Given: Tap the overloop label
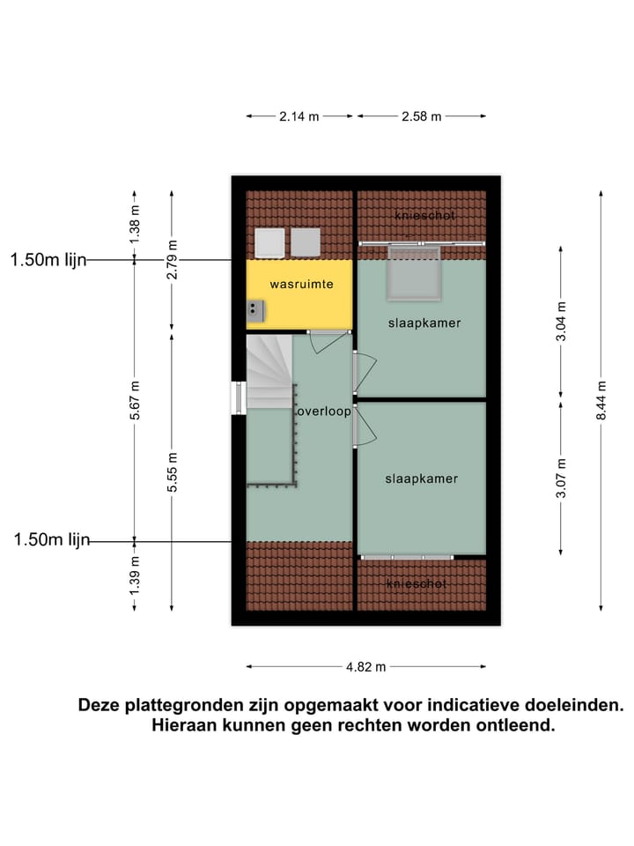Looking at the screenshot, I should pos(323,412).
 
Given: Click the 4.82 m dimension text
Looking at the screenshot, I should pos(366,667).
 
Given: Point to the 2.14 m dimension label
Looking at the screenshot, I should pos(300,116).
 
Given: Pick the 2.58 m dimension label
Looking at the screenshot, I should pos(422,116).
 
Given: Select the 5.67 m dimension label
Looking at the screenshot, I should pos(135,400).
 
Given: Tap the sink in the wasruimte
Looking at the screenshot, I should pos(254,308).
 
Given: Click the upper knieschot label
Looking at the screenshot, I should pos(424,214).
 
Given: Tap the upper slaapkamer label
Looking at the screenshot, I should pos(424,323).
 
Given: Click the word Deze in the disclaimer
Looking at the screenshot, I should pos(100,705).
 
